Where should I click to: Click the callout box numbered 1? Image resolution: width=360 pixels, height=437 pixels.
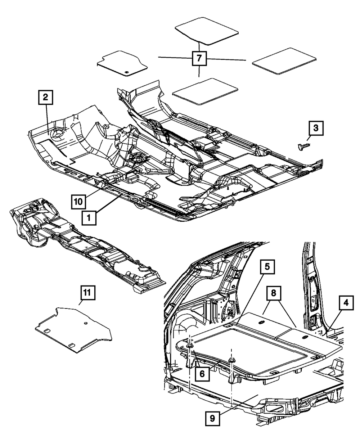[90, 217]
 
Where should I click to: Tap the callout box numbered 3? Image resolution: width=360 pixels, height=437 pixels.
[315, 128]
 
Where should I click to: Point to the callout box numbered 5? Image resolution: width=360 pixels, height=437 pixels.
[267, 267]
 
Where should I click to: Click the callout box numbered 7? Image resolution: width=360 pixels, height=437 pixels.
[199, 58]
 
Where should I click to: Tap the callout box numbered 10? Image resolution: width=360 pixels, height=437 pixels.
[78, 200]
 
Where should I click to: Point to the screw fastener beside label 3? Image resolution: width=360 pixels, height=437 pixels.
[302, 147]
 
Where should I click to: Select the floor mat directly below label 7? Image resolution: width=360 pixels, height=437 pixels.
[205, 91]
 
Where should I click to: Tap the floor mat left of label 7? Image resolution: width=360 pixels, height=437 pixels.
[123, 64]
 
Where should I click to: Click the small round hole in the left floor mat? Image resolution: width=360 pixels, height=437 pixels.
[127, 73]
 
